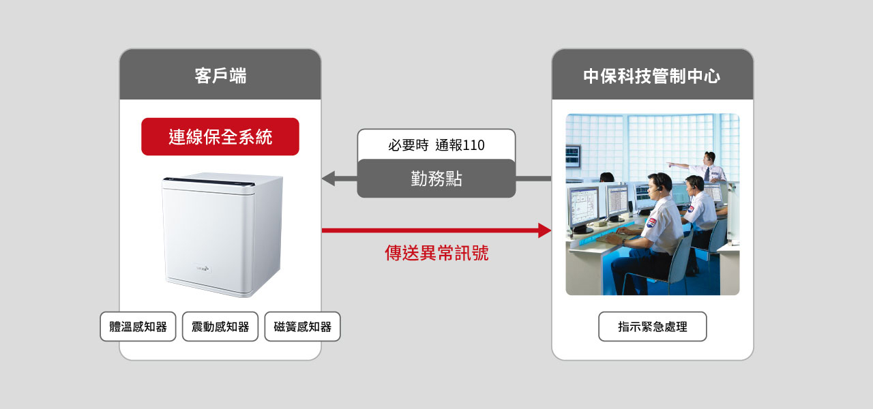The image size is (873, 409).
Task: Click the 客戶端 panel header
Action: click(220, 76)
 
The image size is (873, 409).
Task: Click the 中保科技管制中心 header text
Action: click(652, 76)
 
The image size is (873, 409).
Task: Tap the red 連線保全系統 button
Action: click(220, 137)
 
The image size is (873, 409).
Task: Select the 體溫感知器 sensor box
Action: click(138, 327)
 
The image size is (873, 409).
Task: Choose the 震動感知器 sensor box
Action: click(220, 327)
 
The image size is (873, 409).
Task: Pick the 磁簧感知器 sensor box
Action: click(302, 327)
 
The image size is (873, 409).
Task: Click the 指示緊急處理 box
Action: click(652, 327)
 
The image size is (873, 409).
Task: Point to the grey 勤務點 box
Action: click(436, 179)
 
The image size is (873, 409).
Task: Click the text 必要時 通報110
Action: click(436, 145)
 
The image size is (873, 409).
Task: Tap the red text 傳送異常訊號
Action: click(436, 254)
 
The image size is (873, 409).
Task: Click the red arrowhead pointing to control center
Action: click(544, 230)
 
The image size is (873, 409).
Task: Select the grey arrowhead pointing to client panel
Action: click(328, 179)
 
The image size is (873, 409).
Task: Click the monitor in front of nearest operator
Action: click(583, 207)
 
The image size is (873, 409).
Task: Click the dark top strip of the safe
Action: click(208, 181)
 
